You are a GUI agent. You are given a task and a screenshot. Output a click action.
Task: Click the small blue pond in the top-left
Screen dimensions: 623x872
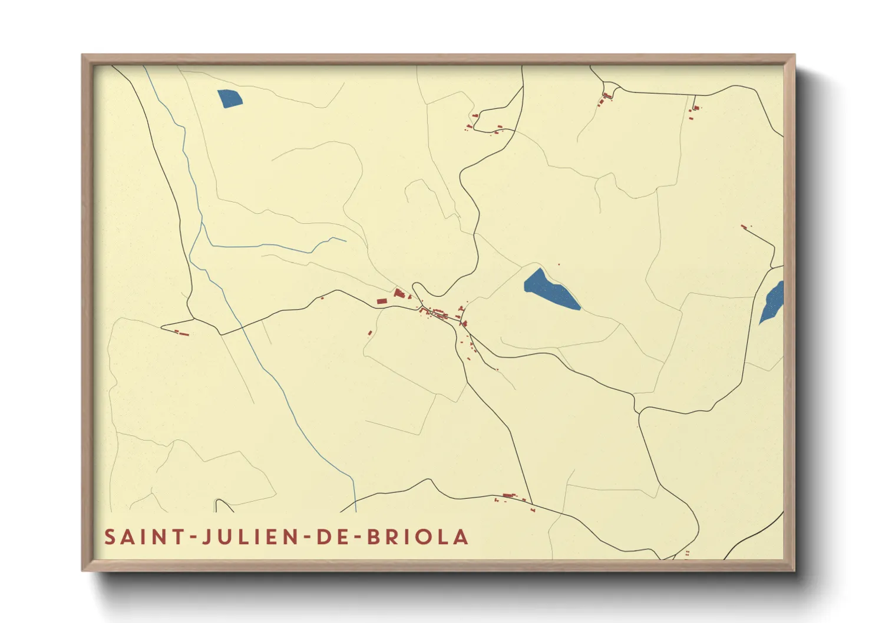pos(229,99)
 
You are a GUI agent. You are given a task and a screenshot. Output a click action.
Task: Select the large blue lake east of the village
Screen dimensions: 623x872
pos(550,289)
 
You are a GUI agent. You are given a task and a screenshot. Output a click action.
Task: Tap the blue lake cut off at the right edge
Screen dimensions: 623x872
pos(772,301)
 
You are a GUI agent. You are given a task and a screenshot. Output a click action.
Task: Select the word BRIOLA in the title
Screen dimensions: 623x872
pos(418,537)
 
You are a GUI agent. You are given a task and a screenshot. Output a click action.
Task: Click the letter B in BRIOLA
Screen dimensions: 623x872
pos(375,537)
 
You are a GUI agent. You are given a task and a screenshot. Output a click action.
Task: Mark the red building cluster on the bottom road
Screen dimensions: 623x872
pos(508,497)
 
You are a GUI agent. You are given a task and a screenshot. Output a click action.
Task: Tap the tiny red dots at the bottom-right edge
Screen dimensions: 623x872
pos(687,553)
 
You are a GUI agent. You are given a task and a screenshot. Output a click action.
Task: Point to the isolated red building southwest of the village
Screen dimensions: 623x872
pos(370,333)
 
